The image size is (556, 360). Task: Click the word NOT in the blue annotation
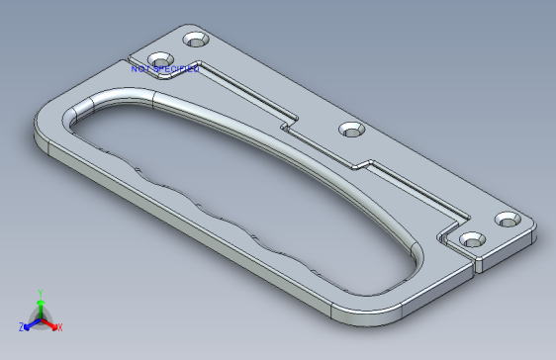tap(141, 69)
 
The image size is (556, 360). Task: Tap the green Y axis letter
tap(40, 292)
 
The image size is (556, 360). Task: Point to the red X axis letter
tap(59, 326)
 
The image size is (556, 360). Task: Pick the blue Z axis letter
tap(21, 325)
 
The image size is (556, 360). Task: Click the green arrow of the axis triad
tap(40, 305)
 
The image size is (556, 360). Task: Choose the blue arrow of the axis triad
tap(30, 322)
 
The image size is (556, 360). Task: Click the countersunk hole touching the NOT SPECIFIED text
tap(161, 58)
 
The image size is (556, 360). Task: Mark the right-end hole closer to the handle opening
tap(472, 238)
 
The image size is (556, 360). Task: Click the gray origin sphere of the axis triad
tap(40, 318)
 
